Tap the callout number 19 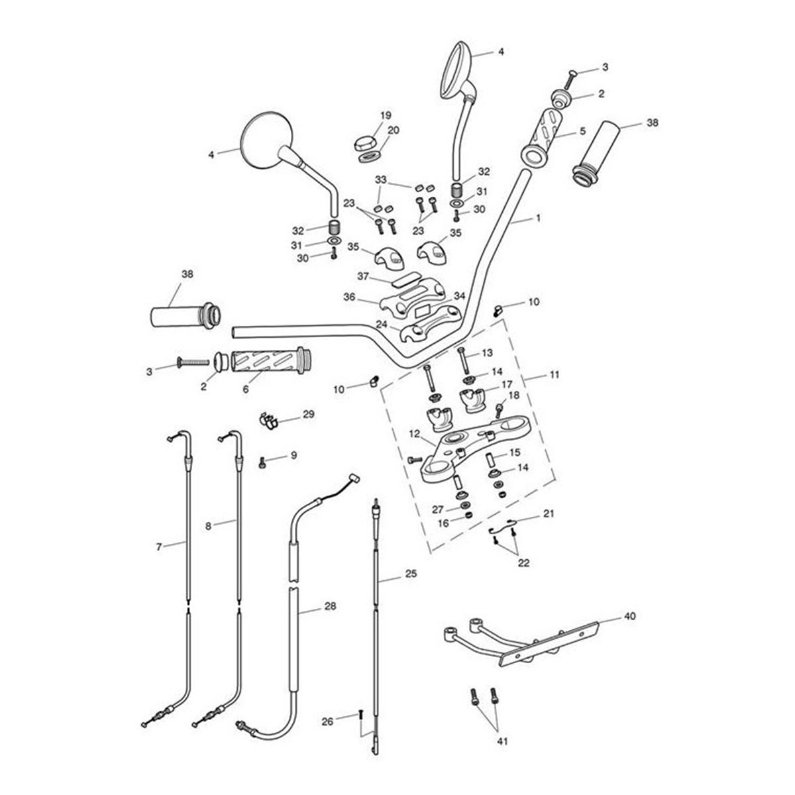coord(386,115)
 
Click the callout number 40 coord(629,616)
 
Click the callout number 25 coord(411,574)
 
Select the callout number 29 coord(309,415)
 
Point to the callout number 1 coord(538,217)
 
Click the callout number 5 coord(582,131)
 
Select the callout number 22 coord(524,564)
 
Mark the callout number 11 coord(555,374)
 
